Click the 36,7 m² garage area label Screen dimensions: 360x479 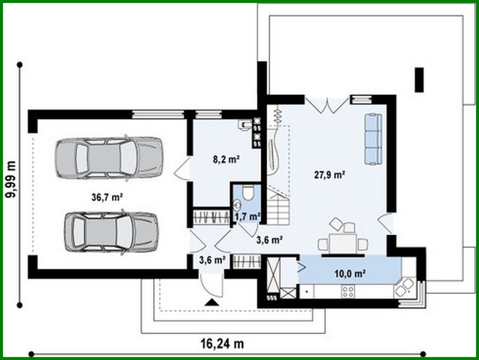(x=107, y=197)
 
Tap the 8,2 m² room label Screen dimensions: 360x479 (x=226, y=160)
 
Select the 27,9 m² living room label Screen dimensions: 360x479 (x=329, y=175)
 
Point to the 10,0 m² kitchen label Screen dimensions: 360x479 (x=350, y=273)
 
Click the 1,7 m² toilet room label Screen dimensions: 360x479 (x=247, y=216)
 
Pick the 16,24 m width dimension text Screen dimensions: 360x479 (x=222, y=344)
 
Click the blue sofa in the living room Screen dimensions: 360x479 (x=374, y=139)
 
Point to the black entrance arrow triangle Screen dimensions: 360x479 (x=212, y=302)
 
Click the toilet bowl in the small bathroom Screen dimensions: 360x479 (x=248, y=193)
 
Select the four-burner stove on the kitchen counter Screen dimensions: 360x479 (x=348, y=291)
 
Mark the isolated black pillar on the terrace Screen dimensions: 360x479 (x=419, y=80)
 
